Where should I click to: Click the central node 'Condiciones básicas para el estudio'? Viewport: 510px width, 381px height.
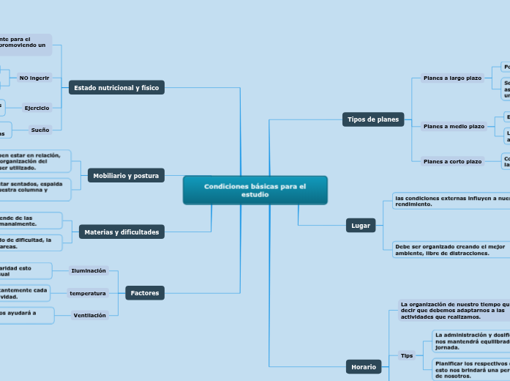tap(255, 190)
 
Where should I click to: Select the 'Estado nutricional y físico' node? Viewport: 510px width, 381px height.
tap(116, 88)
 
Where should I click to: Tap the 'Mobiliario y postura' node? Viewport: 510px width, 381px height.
tap(126, 176)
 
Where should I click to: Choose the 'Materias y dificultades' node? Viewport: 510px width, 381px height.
tap(121, 232)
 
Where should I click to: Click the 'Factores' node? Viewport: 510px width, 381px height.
tap(144, 293)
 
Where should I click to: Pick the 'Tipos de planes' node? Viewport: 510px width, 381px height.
tap(373, 119)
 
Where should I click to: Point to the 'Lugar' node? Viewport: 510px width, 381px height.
tap(361, 226)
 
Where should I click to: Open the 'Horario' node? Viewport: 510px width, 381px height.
tap(364, 366)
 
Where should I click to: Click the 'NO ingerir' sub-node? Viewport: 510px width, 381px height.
tap(34, 77)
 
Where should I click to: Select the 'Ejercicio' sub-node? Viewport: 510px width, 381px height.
tap(37, 108)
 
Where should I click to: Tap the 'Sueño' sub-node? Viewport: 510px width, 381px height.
tap(40, 130)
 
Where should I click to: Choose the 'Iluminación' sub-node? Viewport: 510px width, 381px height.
tap(89, 271)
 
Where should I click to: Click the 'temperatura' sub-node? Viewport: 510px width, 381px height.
tap(88, 293)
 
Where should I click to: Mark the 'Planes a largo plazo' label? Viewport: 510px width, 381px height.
tap(452, 78)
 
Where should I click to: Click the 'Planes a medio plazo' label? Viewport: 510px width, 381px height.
tap(454, 126)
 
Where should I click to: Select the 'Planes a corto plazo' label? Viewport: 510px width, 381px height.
tap(452, 161)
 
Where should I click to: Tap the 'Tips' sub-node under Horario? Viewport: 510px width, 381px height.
tap(407, 355)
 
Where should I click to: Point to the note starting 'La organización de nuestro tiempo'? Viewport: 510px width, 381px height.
tap(454, 310)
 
